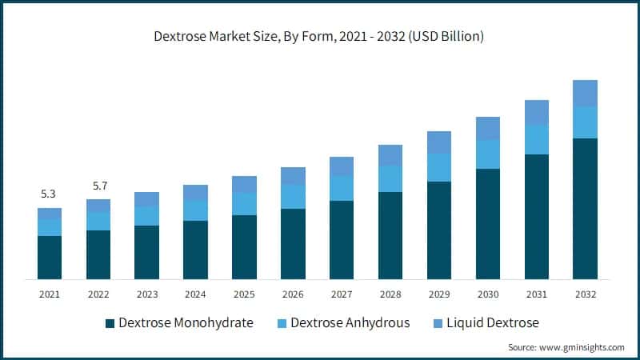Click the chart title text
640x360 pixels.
pyautogui.click(x=320, y=36)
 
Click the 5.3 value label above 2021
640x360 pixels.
pyautogui.click(x=50, y=194)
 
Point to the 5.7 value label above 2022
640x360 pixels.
pyautogui.click(x=98, y=186)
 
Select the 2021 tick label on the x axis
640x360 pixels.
pyautogui.click(x=50, y=294)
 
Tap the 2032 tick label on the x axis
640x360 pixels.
pyautogui.click(x=585, y=294)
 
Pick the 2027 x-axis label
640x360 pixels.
pyautogui.click(x=342, y=294)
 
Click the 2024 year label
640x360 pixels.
pyautogui.click(x=195, y=294)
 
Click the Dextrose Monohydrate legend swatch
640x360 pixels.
pyautogui.click(x=110, y=323)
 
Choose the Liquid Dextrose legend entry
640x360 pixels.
pyautogui.click(x=493, y=323)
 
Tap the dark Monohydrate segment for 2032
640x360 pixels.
pyautogui.click(x=585, y=208)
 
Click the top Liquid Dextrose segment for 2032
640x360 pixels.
pyautogui.click(x=585, y=93)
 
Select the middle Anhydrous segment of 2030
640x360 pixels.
pyautogui.click(x=488, y=154)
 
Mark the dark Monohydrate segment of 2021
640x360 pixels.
pyautogui.click(x=50, y=257)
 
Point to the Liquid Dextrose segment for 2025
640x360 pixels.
pyautogui.click(x=244, y=184)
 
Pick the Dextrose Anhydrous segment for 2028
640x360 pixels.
pyautogui.click(x=390, y=178)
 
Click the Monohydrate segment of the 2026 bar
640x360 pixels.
pyautogui.click(x=293, y=243)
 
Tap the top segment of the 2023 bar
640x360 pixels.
pyautogui.click(x=146, y=199)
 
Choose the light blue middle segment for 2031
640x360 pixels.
pyautogui.click(x=536, y=139)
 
